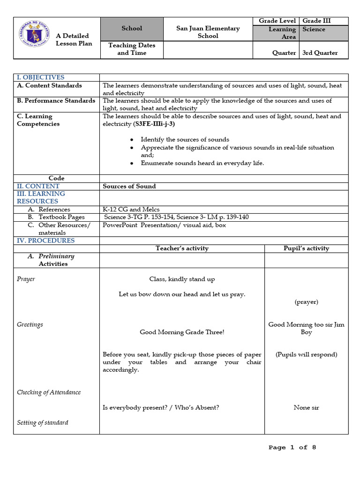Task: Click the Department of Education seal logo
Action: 33,34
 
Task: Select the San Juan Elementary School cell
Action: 208,32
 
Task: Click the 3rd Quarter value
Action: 320,53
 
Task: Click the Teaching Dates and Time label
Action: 132,49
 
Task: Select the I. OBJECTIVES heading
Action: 41,77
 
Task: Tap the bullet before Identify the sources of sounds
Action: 132,140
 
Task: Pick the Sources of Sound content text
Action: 129,186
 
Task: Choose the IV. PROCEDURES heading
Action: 45,240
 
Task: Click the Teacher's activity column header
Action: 182,248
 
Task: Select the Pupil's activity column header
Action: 306,248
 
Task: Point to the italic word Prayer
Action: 26,279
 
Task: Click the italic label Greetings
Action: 30,324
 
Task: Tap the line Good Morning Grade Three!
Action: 182,332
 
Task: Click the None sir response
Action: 306,408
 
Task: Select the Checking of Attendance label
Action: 49,392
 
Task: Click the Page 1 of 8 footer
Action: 292,448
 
